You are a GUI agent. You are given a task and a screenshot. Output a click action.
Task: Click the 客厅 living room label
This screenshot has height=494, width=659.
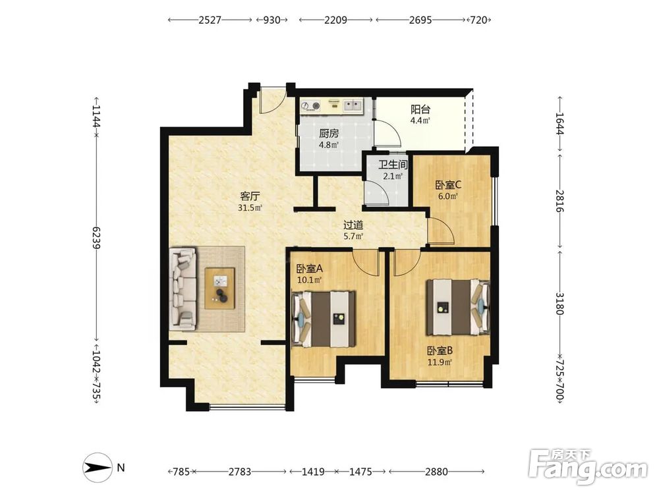[x=250, y=196]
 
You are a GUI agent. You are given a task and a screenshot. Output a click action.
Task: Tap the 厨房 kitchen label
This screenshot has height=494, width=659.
[x=329, y=134]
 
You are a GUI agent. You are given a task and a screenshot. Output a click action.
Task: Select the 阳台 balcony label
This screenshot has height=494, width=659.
[x=420, y=109]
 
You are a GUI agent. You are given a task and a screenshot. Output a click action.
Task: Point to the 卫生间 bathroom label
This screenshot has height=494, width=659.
[x=393, y=165]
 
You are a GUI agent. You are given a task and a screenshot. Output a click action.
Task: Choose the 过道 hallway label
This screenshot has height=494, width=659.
[x=353, y=225]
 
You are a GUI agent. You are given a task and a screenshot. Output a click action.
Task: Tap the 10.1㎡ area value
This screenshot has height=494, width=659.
[x=309, y=280]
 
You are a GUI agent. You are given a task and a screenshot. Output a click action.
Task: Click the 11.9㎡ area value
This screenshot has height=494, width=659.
[x=440, y=362]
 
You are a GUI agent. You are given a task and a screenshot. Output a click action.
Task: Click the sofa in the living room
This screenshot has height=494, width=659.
[x=183, y=288]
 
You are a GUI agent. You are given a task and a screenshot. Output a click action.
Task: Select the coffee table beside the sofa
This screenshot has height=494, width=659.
[x=220, y=288]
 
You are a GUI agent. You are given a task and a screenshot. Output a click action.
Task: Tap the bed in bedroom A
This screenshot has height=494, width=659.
[x=324, y=319]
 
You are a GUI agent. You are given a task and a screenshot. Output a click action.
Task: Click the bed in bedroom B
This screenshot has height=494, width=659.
[x=458, y=308]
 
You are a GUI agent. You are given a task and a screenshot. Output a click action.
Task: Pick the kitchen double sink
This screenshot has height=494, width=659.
[x=353, y=105]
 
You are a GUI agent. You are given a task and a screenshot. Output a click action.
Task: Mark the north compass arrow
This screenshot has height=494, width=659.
[x=98, y=468]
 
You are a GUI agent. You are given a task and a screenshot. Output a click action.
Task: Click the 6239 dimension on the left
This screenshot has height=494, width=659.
[x=96, y=238]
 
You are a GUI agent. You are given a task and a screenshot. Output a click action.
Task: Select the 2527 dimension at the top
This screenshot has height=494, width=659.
[x=210, y=20]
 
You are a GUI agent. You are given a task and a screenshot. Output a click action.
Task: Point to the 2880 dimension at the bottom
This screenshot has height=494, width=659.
[x=436, y=472]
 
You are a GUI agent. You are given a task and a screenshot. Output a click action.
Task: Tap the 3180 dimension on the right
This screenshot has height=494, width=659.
[x=559, y=303]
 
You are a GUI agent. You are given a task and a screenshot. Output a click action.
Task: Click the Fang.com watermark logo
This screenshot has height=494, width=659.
[x=588, y=467]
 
